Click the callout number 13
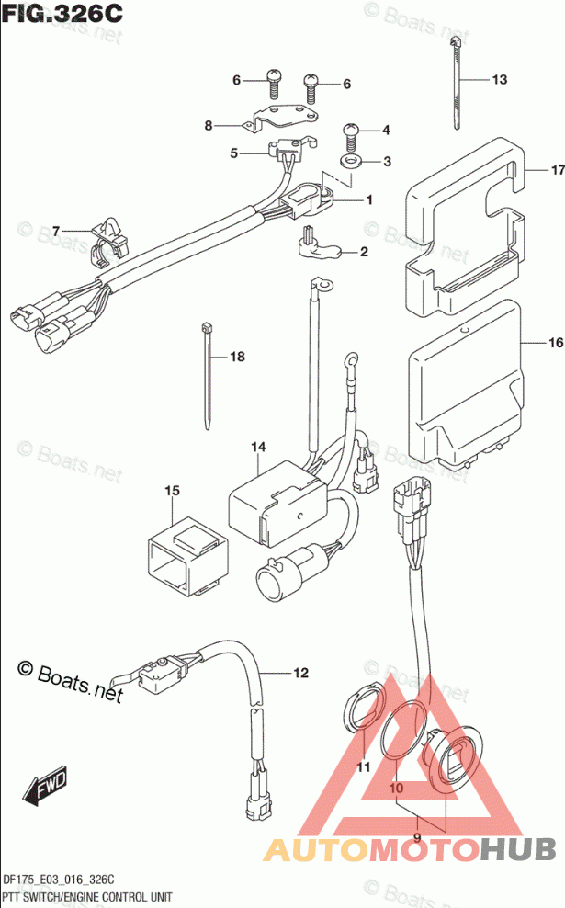coord(499,79)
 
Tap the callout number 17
coord(558,170)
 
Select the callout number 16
coord(556,343)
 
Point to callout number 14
coord(258,447)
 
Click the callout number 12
coord(300,673)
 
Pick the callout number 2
coord(364,252)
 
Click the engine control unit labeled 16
coord(466,385)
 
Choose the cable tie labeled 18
coord(209,377)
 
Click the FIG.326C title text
coord(62,13)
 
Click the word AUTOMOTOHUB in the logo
coord(410,850)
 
